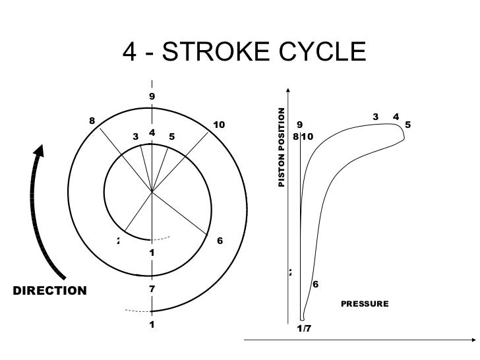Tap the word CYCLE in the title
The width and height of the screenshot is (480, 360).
coord(326,52)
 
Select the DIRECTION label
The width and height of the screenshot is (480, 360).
coord(50,291)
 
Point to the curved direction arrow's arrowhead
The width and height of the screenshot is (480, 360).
coord(40,151)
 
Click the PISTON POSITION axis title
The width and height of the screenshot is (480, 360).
coord(282,146)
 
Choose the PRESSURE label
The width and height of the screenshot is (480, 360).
coord(365,304)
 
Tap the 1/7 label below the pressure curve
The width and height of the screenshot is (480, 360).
coord(304,328)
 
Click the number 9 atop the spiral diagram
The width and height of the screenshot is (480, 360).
coord(152,96)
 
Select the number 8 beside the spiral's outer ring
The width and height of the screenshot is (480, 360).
coord(92,121)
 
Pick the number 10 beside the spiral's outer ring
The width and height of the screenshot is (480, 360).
coord(220,125)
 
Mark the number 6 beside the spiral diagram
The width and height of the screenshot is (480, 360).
coord(220,241)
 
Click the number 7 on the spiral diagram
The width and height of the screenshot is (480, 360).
coord(152,289)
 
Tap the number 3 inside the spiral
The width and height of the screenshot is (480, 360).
coord(135,137)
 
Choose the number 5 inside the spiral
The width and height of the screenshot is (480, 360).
coord(171,137)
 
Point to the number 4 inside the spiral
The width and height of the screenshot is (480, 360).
coord(152,133)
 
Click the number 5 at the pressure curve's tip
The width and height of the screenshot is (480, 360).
coord(408,124)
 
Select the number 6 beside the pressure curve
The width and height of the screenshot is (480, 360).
coord(315,285)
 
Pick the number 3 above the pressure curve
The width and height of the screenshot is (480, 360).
coord(375,117)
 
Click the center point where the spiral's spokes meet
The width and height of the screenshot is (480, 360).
coord(152,192)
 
